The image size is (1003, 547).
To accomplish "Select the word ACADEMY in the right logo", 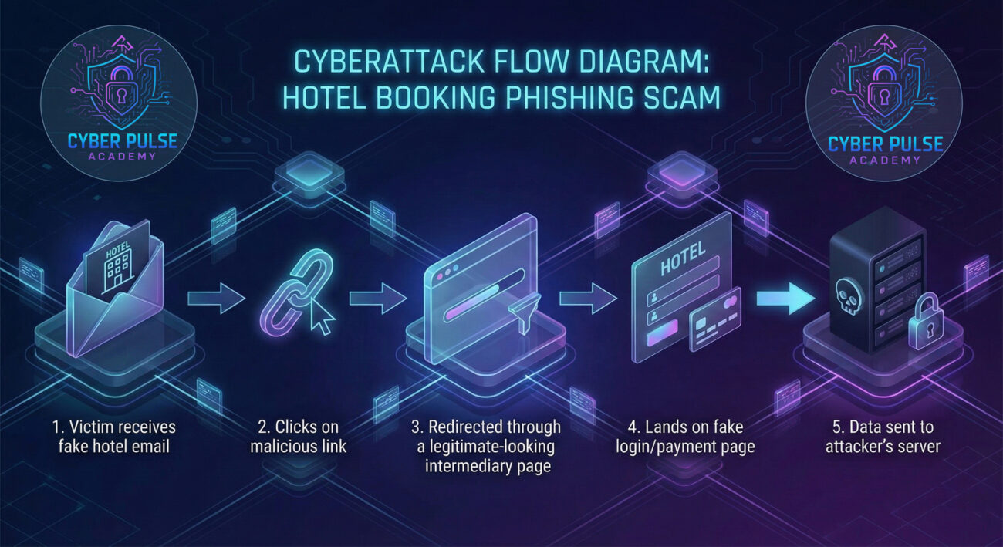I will (x=885, y=160).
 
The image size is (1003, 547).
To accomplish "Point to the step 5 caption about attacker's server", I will (x=882, y=437).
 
